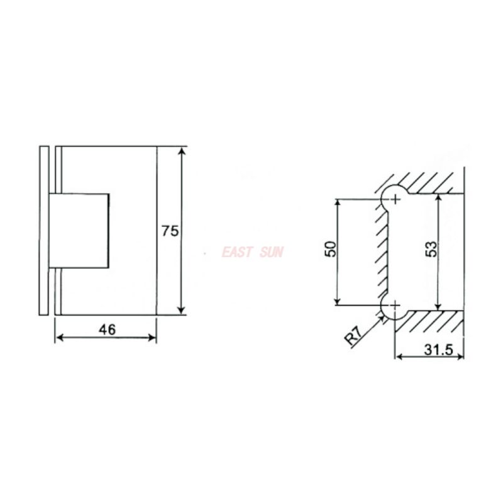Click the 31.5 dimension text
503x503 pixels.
438,350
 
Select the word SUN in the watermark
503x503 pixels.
272,252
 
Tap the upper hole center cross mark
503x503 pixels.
395,199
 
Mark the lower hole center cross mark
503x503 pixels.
395,306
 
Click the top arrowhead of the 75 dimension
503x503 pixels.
182,152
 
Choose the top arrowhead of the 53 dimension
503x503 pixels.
439,197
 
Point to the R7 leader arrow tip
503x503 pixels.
385,317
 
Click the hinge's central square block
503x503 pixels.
80,229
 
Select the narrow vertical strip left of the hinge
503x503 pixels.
43,230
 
